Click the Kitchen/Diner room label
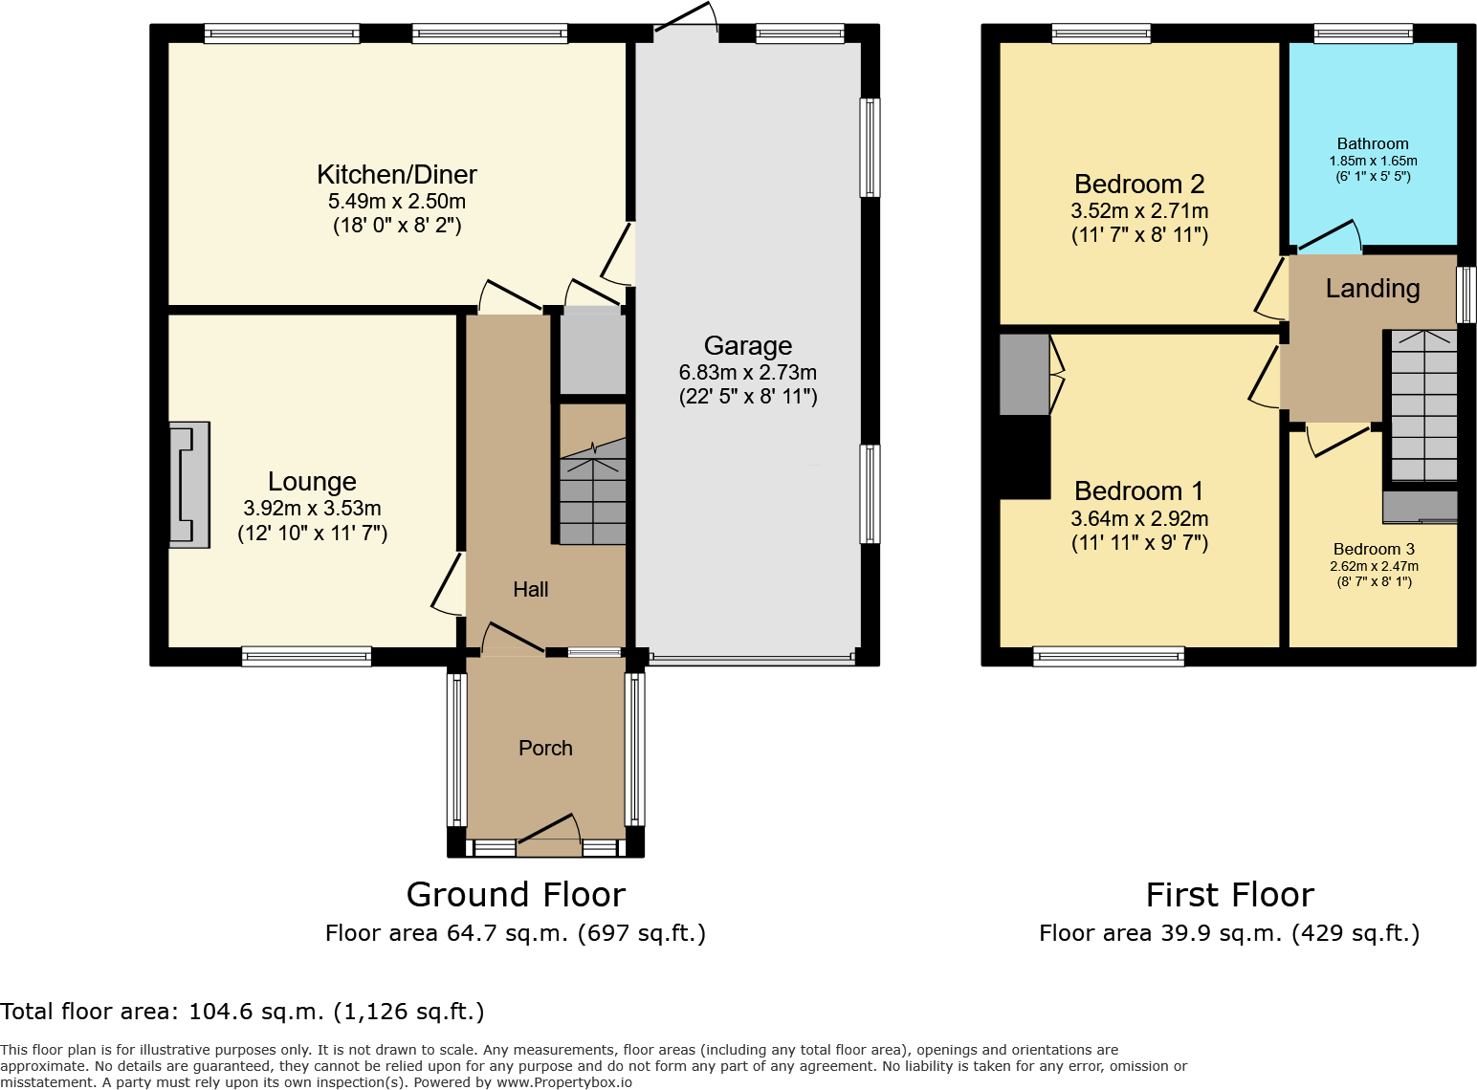click(396, 175)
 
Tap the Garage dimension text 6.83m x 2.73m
click(747, 373)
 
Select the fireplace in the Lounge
click(189, 485)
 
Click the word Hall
click(530, 590)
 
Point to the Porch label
click(545, 749)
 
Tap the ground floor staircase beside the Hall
click(592, 497)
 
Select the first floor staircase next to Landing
click(1422, 406)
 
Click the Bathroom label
click(1372, 144)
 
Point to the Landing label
click(1372, 289)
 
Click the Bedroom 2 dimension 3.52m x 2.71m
click(1138, 211)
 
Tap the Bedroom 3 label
click(1374, 550)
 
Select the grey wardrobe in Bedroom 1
click(1024, 374)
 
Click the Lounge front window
click(306, 656)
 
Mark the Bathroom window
click(1362, 33)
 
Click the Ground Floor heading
click(516, 895)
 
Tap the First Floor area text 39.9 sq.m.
click(1228, 933)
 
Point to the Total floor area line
click(242, 1012)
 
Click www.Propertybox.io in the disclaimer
click(563, 1082)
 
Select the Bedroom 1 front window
click(1108, 656)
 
